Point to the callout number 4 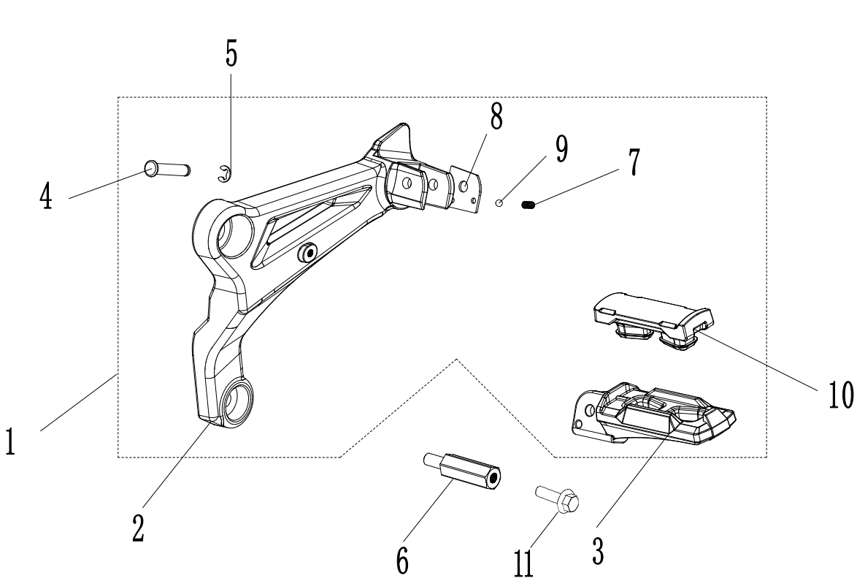point(46,195)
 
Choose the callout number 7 point(634,162)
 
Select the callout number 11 point(523,563)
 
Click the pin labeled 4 point(167,169)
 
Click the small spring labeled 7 point(529,206)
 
